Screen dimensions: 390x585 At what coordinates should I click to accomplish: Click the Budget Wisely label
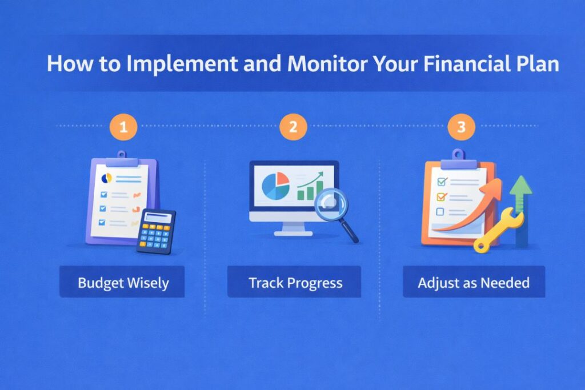coord(122,282)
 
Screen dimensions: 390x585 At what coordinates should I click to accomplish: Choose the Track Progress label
coord(295,282)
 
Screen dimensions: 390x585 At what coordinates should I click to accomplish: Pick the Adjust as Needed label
coord(474,282)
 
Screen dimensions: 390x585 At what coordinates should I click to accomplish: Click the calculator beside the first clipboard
coord(156,231)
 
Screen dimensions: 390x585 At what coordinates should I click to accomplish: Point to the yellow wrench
coord(498,229)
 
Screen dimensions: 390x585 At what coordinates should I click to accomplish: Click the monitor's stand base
coord(293,232)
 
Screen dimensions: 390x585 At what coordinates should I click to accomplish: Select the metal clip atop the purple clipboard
coord(121,159)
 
